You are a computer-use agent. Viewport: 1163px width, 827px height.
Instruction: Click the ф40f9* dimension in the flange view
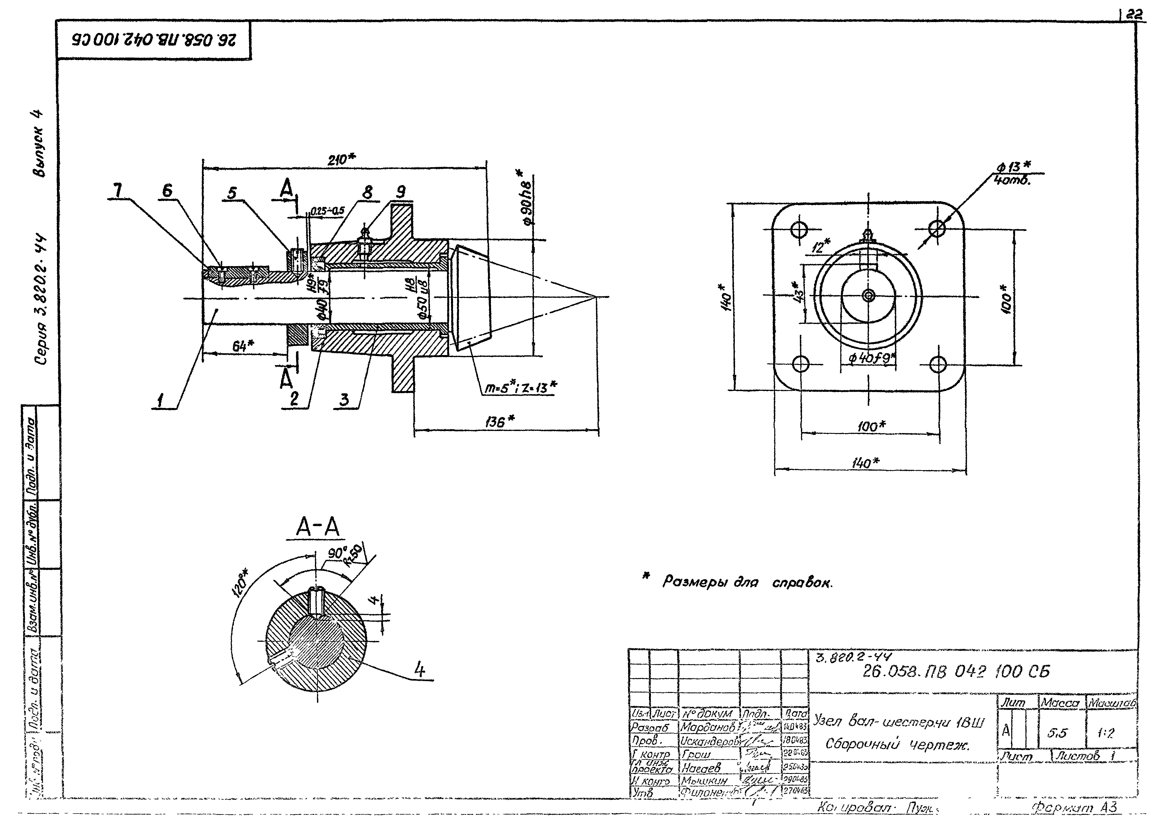click(871, 358)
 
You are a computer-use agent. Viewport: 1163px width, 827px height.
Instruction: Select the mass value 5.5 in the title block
click(1057, 733)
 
